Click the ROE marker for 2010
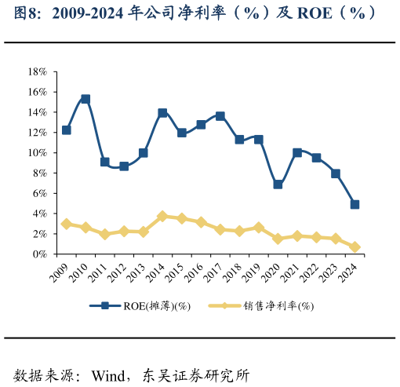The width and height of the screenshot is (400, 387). point(85,100)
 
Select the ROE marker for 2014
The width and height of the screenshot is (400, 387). point(162,113)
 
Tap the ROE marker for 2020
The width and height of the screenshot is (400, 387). point(278,184)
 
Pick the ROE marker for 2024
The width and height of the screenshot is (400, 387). point(355,204)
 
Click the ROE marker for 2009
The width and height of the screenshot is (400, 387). point(67,130)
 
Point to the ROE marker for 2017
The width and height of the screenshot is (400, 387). point(220,116)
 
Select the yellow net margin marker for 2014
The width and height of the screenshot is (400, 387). point(162,216)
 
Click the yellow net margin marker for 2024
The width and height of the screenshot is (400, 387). point(355,247)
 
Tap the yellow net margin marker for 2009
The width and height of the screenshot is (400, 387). point(67,224)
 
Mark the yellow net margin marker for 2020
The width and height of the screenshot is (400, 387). point(278,239)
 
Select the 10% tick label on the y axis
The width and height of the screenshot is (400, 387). point(38,153)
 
